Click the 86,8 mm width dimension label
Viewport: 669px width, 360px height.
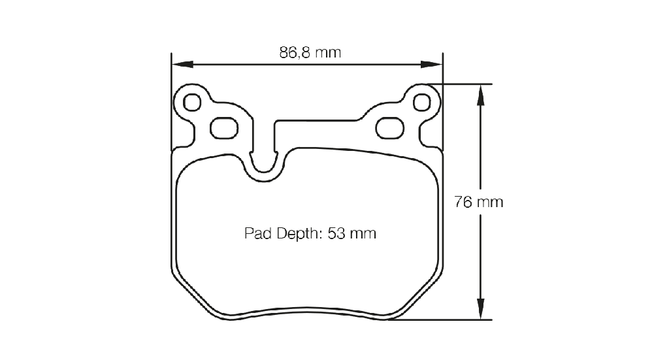[310, 52]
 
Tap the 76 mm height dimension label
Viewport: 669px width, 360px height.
[479, 202]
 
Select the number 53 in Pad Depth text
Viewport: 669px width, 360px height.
[336, 233]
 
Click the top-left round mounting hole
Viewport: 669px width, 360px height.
[192, 103]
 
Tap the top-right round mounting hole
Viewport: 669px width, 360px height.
[422, 103]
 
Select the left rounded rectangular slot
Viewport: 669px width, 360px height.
[224, 128]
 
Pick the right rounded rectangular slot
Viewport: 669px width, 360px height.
[390, 128]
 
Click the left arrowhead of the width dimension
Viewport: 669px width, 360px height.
[182, 65]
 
